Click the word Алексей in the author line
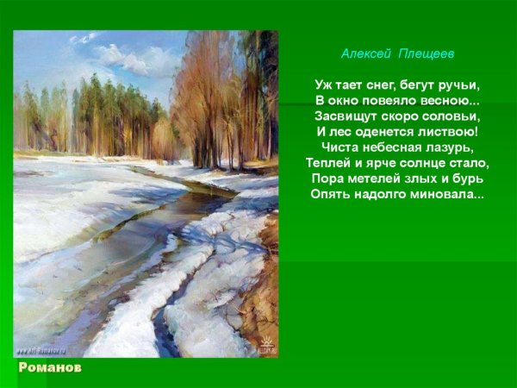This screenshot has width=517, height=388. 365,53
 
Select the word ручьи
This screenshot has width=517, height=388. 457,85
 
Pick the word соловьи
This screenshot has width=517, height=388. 452,116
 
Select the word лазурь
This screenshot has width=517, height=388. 452,147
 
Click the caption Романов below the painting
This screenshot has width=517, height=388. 50,367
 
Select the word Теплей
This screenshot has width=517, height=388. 327,163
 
